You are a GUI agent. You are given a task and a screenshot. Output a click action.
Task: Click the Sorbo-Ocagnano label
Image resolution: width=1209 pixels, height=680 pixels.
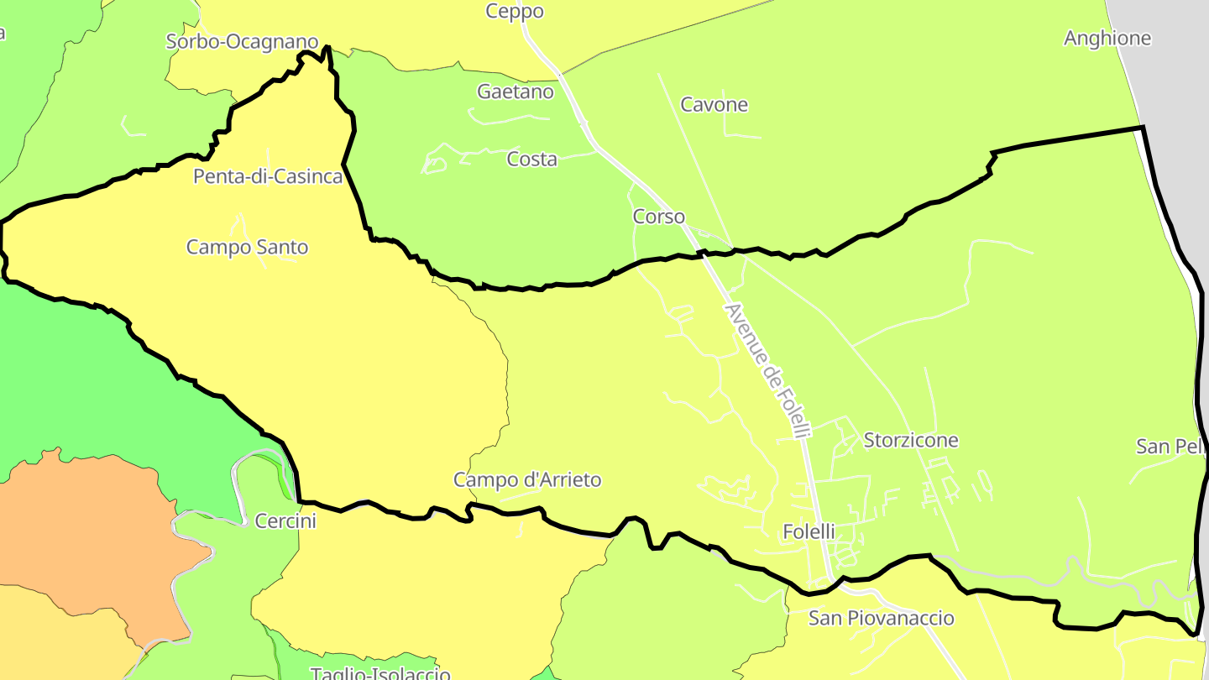point(242,41)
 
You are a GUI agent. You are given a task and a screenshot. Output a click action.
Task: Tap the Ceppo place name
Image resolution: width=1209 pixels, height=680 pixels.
point(515,12)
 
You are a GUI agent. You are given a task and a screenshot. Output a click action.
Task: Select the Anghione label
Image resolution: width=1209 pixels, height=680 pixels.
point(1107,39)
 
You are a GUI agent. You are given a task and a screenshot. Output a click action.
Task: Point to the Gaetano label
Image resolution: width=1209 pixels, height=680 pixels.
point(516,92)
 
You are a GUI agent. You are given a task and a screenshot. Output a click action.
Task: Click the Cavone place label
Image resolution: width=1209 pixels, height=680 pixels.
point(714,105)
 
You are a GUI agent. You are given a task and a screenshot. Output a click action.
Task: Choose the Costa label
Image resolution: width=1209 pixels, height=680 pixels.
point(531,159)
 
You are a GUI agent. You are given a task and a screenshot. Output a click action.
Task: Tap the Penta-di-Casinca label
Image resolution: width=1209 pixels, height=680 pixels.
point(268,176)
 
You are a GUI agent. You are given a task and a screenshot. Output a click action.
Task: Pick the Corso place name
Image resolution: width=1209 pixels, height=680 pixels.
point(658,217)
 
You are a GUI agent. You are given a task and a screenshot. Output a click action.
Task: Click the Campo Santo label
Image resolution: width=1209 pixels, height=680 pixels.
point(247,248)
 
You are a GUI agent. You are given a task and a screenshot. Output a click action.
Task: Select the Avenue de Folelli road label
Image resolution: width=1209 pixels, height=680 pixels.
point(768,370)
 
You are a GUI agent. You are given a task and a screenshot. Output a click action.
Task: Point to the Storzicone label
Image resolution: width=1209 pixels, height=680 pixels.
point(911,441)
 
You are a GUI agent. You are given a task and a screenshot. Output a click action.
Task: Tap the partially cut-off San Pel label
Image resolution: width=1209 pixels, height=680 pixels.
point(1171,447)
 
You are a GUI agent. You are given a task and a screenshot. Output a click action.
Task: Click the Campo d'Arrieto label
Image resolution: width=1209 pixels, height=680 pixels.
point(527,480)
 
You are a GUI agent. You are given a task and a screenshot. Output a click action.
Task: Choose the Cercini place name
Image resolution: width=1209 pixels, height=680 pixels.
point(285,521)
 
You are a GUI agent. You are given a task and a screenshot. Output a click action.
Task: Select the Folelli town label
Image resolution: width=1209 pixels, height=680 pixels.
point(809,531)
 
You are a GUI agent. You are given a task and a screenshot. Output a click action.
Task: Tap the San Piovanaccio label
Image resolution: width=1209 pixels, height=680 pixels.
point(881,619)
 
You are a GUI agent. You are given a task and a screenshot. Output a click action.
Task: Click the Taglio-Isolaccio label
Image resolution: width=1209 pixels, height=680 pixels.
point(380,673)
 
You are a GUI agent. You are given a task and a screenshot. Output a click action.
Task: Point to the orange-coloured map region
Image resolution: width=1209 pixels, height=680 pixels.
point(92,537)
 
